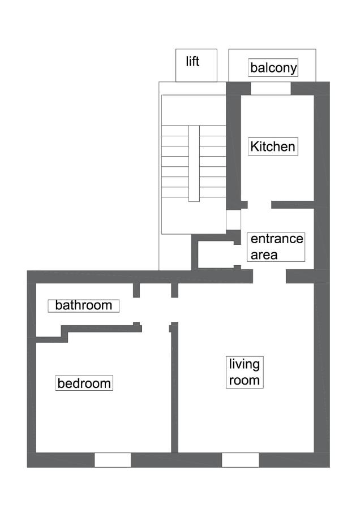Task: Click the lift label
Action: click(x=193, y=61)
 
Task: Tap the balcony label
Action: click(x=273, y=68)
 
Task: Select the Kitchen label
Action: click(x=273, y=147)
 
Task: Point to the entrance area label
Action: click(x=276, y=247)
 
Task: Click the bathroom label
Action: click(x=84, y=305)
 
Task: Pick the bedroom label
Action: click(x=84, y=383)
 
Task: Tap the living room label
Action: click(x=244, y=372)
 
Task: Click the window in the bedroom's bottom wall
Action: click(x=112, y=460)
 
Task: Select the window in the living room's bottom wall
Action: click(x=240, y=460)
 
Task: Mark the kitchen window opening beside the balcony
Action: click(x=271, y=88)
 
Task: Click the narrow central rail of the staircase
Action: click(x=194, y=163)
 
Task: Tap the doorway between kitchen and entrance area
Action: click(x=259, y=204)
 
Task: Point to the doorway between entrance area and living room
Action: click(x=269, y=276)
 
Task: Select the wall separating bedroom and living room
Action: click(x=174, y=390)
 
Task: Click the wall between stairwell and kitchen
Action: click(x=233, y=147)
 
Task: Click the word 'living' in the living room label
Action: click(x=244, y=364)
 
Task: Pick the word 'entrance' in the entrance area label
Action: click(x=277, y=239)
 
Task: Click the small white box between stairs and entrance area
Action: click(x=233, y=220)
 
